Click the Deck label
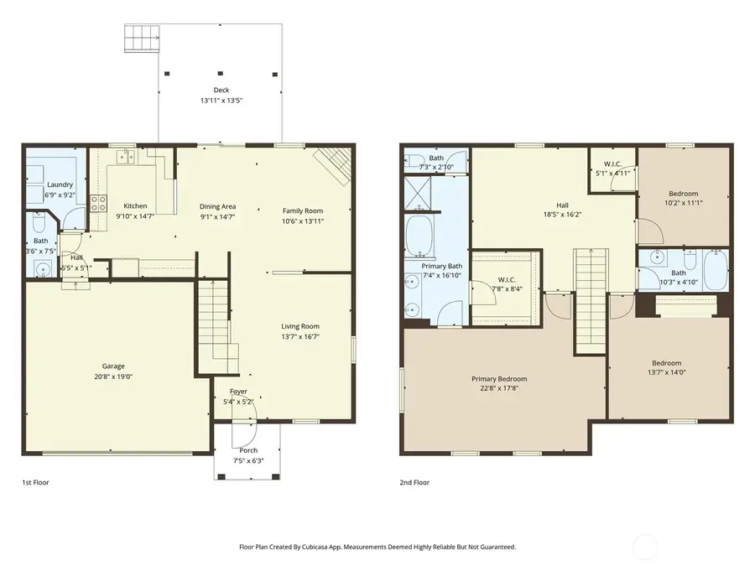point(221,91)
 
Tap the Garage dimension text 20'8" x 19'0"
point(113,376)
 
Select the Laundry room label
point(60,184)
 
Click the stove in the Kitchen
point(98,201)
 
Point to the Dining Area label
point(216,206)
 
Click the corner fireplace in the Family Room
point(332,164)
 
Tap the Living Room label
point(299,326)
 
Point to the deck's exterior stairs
point(141,38)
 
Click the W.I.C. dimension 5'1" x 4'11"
point(611,174)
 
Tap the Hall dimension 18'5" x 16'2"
point(562,214)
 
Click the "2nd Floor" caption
point(414,483)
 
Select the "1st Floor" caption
point(35,483)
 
